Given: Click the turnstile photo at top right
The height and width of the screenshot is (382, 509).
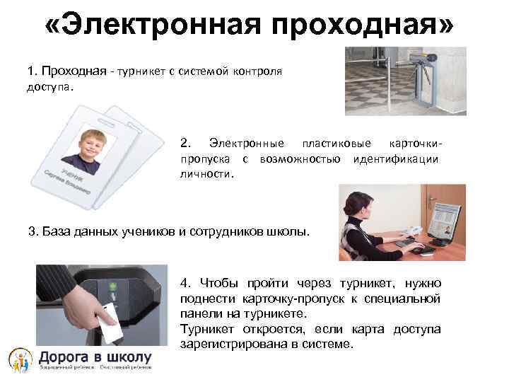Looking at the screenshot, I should pyautogui.click(x=406, y=81).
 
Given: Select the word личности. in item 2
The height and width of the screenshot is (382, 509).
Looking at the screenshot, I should pyautogui.click(x=206, y=173).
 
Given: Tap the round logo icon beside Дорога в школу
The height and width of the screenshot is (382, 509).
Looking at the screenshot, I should pyautogui.click(x=19, y=359).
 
